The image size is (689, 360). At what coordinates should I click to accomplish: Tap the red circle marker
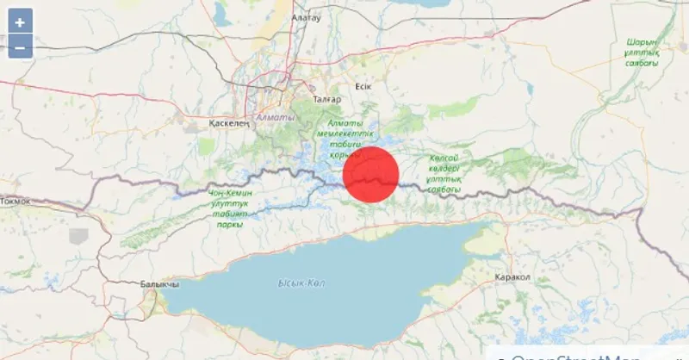pyautogui.click(x=371, y=174)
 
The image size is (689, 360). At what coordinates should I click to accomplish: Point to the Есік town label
pyautogui.click(x=362, y=86)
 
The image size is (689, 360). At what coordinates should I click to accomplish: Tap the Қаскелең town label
pyautogui.click(x=229, y=124)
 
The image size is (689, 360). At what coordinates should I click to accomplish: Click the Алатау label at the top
pyautogui.click(x=306, y=16)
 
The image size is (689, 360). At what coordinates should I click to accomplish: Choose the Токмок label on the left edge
pyautogui.click(x=15, y=201)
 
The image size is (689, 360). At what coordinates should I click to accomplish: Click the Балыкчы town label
pyautogui.click(x=158, y=284)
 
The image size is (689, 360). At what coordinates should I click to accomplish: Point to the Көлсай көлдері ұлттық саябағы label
pyautogui.click(x=445, y=173)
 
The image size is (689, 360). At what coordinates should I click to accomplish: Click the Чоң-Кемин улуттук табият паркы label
pyautogui.click(x=231, y=208)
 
